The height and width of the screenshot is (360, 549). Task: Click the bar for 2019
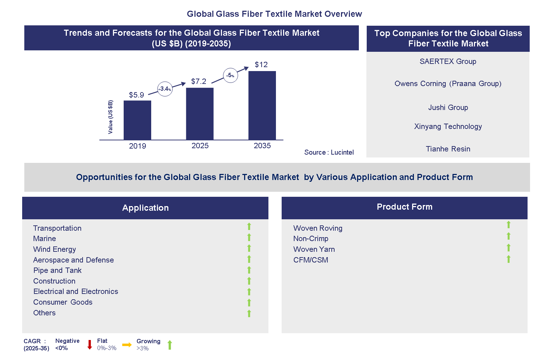(137, 120)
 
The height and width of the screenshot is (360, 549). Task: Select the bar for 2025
(200, 114)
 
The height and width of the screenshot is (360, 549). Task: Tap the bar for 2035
(262, 105)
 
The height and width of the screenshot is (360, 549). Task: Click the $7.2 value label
(199, 81)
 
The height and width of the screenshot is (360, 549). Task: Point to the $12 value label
(261, 65)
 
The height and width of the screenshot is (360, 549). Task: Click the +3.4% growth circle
(165, 89)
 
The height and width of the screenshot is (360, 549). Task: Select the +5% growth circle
(231, 75)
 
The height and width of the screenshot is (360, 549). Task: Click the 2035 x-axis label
(262, 146)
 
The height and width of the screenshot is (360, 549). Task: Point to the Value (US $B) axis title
(110, 117)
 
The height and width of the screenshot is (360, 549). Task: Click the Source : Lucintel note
(329, 152)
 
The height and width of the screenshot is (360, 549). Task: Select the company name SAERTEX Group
(448, 61)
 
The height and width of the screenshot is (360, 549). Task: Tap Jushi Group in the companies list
(448, 107)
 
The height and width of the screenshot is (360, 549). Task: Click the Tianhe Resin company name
(448, 149)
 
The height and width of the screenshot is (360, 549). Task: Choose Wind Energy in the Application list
(55, 249)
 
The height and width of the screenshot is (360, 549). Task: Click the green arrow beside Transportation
(249, 226)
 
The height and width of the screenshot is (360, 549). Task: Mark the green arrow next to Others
(249, 314)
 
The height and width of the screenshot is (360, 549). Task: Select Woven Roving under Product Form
(318, 228)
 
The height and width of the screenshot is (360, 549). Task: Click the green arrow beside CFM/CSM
(509, 259)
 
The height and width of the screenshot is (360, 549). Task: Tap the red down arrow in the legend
(90, 345)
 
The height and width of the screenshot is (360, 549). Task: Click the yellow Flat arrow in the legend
(127, 345)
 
